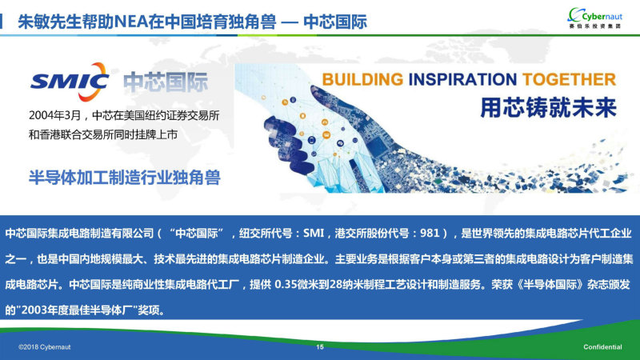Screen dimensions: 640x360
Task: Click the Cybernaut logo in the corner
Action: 595,18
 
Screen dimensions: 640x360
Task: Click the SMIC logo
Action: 70,82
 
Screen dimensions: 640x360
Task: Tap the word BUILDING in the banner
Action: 362,79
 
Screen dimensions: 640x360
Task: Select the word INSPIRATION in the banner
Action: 462,79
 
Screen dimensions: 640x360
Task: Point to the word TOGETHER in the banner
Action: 569,79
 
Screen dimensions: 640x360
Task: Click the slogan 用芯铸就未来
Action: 548,107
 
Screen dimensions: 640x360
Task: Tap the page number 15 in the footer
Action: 320,346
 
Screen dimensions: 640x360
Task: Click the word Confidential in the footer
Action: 602,347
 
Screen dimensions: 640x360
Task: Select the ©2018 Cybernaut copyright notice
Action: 45,347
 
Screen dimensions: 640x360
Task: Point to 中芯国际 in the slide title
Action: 335,22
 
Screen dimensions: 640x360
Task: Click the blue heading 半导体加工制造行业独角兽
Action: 125,177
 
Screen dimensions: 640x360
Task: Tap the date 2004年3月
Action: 55,115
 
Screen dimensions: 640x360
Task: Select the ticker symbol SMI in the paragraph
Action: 314,233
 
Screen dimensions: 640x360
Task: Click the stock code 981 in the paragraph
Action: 430,233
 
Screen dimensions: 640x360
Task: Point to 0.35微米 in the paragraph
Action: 297,284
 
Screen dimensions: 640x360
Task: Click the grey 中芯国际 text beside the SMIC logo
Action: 166,82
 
